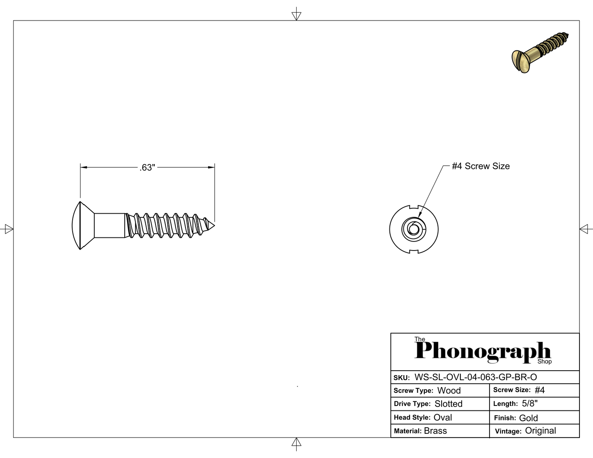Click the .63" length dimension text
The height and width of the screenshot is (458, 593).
(x=147, y=168)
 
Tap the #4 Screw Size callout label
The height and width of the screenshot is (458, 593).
(x=481, y=166)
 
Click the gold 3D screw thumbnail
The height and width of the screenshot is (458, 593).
(x=540, y=53)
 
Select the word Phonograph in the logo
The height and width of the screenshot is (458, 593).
(x=483, y=352)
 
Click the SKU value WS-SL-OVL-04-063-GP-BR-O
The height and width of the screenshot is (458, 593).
(x=476, y=377)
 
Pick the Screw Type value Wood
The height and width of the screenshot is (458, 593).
(x=449, y=390)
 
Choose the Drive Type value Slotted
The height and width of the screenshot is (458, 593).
(x=449, y=404)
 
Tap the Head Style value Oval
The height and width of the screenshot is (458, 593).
(x=443, y=417)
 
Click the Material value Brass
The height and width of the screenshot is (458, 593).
(x=435, y=431)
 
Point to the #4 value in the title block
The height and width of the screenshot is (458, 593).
(x=540, y=390)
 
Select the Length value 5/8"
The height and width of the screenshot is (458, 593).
(x=530, y=403)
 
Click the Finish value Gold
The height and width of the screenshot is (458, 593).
(x=529, y=418)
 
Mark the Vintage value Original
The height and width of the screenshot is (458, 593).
(x=540, y=431)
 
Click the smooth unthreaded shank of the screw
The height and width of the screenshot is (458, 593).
(x=110, y=225)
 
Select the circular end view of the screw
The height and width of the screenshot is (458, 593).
(x=414, y=228)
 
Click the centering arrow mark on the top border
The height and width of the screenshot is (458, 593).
(x=296, y=14)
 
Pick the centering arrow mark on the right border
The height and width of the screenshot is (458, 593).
(x=586, y=228)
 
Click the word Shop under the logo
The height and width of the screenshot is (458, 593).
(x=545, y=362)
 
